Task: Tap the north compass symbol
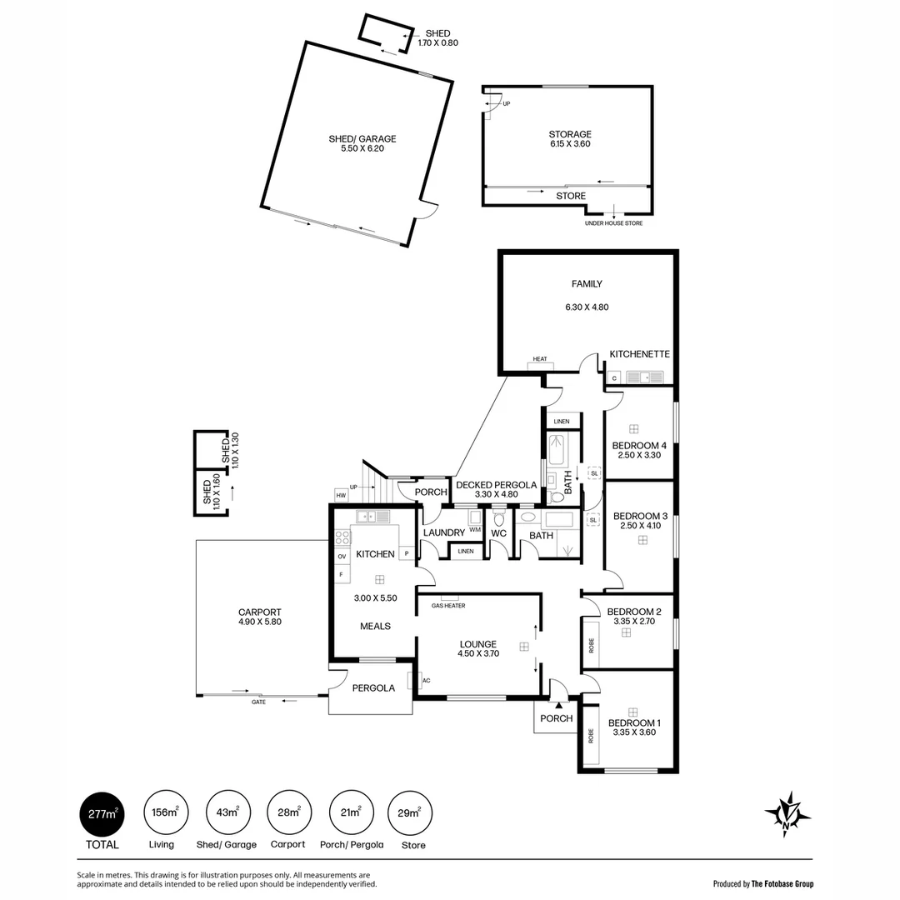(787, 812)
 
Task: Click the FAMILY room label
(587, 284)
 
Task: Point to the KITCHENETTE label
(639, 354)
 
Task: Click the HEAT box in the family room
(540, 360)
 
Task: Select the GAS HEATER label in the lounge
(448, 606)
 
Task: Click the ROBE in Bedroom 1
(591, 737)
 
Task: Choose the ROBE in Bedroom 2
(591, 644)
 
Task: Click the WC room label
(499, 533)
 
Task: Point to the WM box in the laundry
(475, 530)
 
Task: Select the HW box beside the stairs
(341, 495)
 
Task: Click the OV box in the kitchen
(342, 556)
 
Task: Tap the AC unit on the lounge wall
(426, 681)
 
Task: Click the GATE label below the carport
(259, 702)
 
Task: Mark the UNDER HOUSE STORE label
(614, 223)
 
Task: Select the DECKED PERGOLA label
(496, 484)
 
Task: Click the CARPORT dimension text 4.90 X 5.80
(260, 622)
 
